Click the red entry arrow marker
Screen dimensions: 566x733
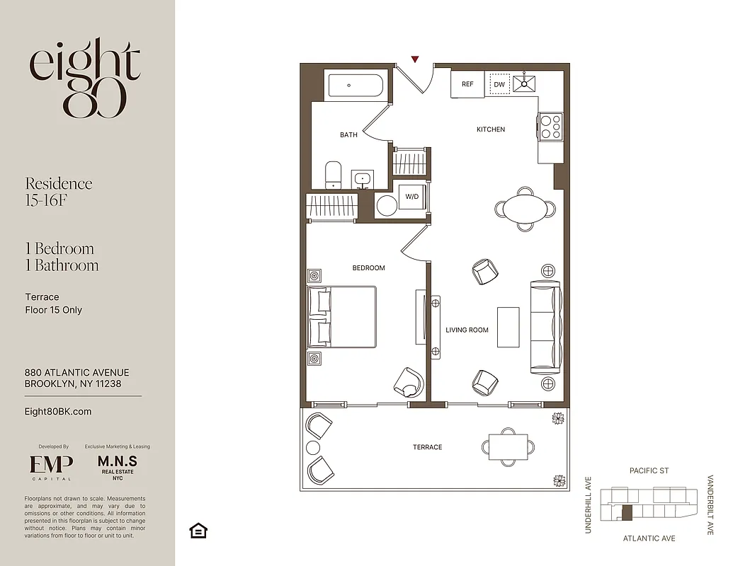415,59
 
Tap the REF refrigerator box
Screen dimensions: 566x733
467,84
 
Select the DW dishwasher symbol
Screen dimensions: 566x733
499,84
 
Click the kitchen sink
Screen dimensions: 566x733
526,84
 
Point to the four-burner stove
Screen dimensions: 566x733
550,127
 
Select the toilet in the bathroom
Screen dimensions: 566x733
333,174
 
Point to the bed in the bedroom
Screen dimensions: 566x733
341,317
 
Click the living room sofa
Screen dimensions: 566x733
545,327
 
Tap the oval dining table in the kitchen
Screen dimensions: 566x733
524,209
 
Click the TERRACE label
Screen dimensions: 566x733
427,447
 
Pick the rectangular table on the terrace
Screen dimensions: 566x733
508,446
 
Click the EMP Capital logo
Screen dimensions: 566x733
51,466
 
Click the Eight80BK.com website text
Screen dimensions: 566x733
58,411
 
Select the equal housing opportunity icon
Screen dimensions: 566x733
198,531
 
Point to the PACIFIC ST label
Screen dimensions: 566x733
649,470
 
